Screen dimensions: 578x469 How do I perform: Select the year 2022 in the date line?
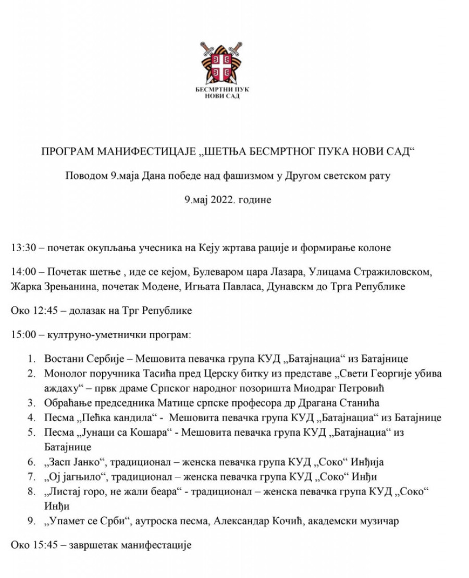coord(224,200)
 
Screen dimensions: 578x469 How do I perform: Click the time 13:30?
coord(22,248)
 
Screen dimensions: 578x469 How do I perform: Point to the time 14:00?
coord(22,273)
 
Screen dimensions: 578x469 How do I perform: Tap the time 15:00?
coord(22,335)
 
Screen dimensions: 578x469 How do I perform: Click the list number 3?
coord(32,403)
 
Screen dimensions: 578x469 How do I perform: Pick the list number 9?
coord(32,521)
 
